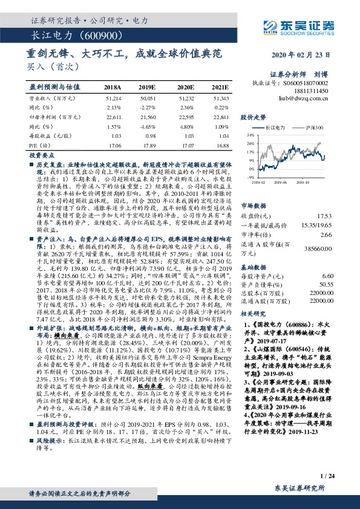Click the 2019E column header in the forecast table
pyautogui.click(x=147, y=88)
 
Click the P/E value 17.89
pyautogui.click(x=147, y=145)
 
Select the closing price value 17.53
pyautogui.click(x=326, y=215)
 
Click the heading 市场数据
pyautogui.click(x=254, y=205)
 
